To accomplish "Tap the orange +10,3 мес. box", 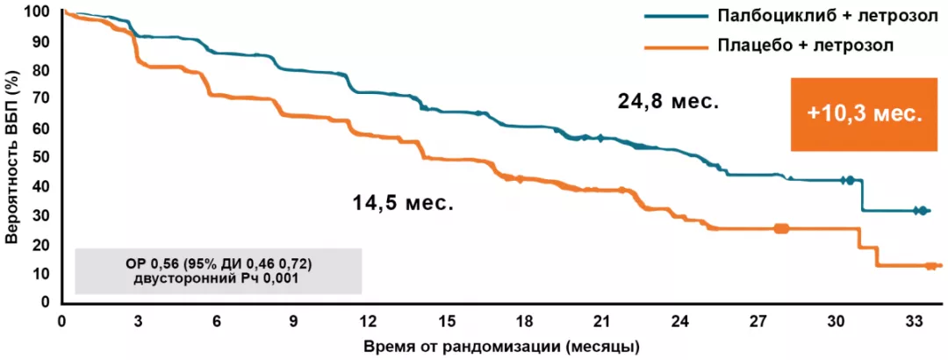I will [x=865, y=114].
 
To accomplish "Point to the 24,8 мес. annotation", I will [x=668, y=102].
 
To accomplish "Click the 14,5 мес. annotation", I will [x=403, y=204].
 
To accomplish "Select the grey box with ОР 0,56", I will [x=219, y=270].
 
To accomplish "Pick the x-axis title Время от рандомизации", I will [x=501, y=345].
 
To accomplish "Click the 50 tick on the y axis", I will [x=41, y=157].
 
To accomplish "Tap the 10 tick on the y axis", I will [x=41, y=273].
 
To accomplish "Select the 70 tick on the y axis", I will [x=41, y=99].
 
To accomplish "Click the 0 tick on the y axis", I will [x=45, y=302].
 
